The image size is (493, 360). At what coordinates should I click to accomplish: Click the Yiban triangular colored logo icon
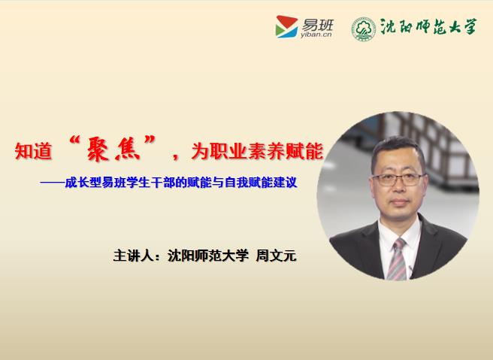pos(286,27)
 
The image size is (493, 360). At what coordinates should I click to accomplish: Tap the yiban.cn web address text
pos(316,35)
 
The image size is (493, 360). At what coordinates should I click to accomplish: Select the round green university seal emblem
pos(364,29)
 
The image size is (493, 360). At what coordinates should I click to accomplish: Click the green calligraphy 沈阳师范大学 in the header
pos(428,26)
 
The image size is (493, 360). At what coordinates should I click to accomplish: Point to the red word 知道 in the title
pos(33,151)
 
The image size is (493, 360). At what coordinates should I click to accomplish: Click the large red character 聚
pos(98,150)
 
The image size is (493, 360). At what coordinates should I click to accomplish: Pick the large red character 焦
pos(127,150)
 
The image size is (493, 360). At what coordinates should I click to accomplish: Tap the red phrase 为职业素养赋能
pos(257,151)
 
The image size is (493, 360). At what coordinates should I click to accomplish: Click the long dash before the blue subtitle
pos(52,183)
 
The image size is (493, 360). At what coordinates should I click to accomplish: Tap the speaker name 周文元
pos(276,256)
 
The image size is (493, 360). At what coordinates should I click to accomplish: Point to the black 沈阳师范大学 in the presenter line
pos(208,256)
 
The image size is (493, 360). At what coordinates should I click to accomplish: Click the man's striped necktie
pos(397,259)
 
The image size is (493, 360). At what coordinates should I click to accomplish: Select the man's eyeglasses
pos(398,180)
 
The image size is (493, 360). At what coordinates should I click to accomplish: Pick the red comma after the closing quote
pos(175,156)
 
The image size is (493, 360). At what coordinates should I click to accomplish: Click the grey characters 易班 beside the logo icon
pos(317,25)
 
